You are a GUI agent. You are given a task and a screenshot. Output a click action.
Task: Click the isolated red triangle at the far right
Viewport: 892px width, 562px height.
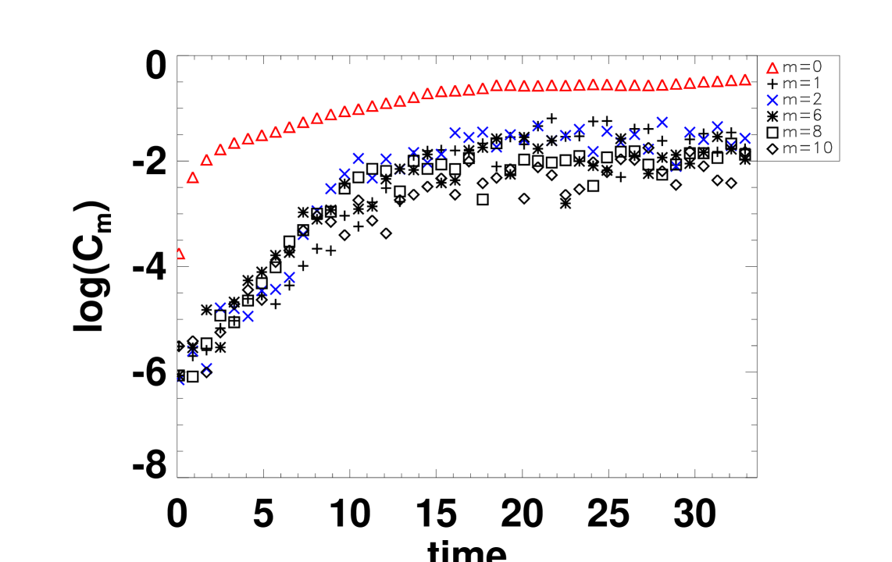(x=772, y=69)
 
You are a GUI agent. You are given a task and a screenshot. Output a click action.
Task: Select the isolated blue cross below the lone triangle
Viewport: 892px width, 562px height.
(x=772, y=100)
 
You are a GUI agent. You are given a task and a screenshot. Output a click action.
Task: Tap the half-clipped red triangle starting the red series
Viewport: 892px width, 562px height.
(x=180, y=254)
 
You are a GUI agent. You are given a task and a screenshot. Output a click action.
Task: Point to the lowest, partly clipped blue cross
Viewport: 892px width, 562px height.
(x=180, y=380)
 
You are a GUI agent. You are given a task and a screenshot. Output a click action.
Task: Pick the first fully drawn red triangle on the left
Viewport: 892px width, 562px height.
(x=193, y=178)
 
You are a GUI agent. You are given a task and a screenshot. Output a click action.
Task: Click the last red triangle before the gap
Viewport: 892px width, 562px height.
(x=744, y=80)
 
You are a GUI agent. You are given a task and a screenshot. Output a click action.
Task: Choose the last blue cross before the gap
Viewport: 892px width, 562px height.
(x=745, y=138)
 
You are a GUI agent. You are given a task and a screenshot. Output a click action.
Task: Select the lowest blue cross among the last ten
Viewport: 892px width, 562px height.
(x=676, y=166)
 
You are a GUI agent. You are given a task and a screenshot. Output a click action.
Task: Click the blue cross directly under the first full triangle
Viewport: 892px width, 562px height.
(x=193, y=350)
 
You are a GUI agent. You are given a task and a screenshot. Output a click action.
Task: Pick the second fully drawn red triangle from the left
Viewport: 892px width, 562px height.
(x=207, y=160)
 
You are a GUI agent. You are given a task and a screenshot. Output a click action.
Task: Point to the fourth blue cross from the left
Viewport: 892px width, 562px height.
(x=220, y=308)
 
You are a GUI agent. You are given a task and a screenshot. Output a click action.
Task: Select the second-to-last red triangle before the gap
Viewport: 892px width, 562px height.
(x=731, y=80)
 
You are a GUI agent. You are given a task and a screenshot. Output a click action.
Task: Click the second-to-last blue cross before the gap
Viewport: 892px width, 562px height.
(x=731, y=146)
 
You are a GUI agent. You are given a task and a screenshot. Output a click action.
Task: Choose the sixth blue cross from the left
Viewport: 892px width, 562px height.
(x=248, y=316)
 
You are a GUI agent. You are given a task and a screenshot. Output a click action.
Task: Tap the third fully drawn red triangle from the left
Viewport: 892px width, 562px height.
(x=220, y=150)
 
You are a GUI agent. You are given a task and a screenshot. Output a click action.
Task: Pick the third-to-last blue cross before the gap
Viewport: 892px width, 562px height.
(x=717, y=126)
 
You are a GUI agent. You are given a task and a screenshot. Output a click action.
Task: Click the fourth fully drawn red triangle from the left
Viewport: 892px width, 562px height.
(x=234, y=144)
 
